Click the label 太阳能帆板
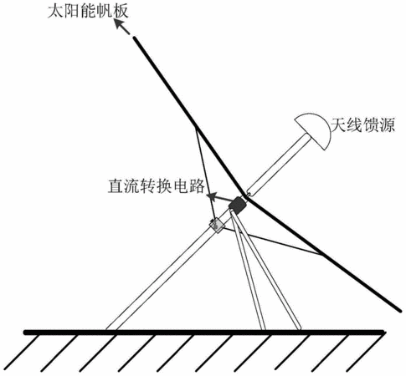pos(88,12)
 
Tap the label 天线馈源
pos(362,125)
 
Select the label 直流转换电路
pos(157,186)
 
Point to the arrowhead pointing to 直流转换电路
pos(211,196)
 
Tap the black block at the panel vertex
pos(238,206)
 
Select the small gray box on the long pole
pos(217,226)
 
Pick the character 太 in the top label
pos(55,12)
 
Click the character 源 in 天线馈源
pos(387,125)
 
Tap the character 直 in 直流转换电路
pos(116,186)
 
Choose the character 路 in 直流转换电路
pos(197,186)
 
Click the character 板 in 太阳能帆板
pos(121,12)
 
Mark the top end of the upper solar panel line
pos(135,38)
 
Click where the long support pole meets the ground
pos(111,330)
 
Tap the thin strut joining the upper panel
pos(204,173)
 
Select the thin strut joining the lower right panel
pos(274,241)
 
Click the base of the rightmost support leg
pos(299,329)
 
